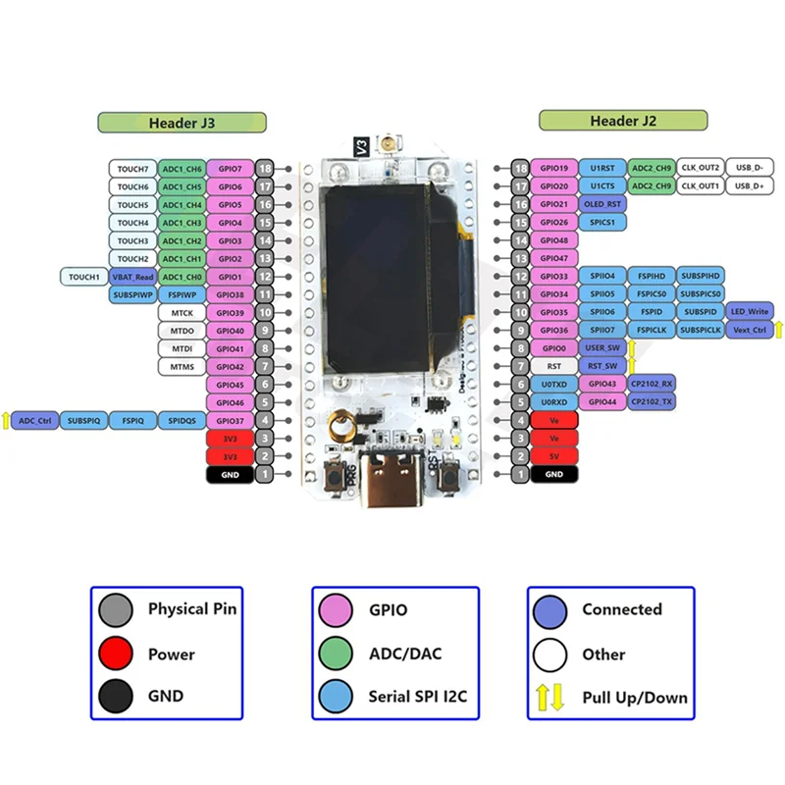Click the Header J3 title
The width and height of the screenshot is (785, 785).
pos(182,123)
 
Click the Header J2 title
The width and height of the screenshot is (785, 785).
pos(622,121)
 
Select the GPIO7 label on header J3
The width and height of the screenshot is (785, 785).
pos(231,169)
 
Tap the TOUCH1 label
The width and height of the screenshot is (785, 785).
pos(84,277)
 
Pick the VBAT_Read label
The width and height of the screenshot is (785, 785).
pos(132,277)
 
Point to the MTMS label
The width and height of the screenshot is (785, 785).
pos(182,366)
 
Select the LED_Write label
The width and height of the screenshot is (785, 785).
pos(749,312)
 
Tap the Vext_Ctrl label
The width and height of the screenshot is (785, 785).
pos(749,331)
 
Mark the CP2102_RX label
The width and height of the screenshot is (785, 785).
pos(652,384)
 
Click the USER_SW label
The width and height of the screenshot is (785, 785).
pos(602,348)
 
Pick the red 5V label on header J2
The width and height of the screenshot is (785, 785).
pos(554,456)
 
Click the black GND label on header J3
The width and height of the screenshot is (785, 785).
pos(231,474)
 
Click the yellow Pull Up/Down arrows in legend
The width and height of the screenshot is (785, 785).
pos(549,698)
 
